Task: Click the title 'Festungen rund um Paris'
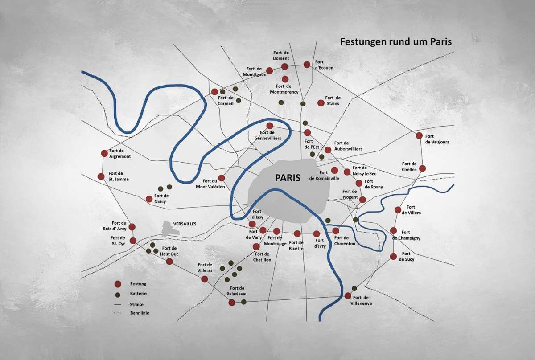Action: [396, 42]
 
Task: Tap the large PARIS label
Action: [288, 177]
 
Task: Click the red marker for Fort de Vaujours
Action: [419, 135]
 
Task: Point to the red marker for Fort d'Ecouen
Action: [307, 65]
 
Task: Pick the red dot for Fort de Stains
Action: [320, 103]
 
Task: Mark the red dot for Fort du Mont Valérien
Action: [221, 178]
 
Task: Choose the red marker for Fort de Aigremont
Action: [104, 153]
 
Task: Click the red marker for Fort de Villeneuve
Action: [348, 296]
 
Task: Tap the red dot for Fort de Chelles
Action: [422, 168]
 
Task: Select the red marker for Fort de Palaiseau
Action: [232, 303]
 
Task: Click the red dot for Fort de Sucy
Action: [393, 256]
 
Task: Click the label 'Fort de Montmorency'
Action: [284, 89]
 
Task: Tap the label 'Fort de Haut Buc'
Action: [170, 251]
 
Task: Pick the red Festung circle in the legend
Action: [118, 284]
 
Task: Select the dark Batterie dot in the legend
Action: [118, 295]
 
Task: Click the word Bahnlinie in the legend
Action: [140, 313]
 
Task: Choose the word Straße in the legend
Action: [136, 304]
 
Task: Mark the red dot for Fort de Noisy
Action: [149, 199]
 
